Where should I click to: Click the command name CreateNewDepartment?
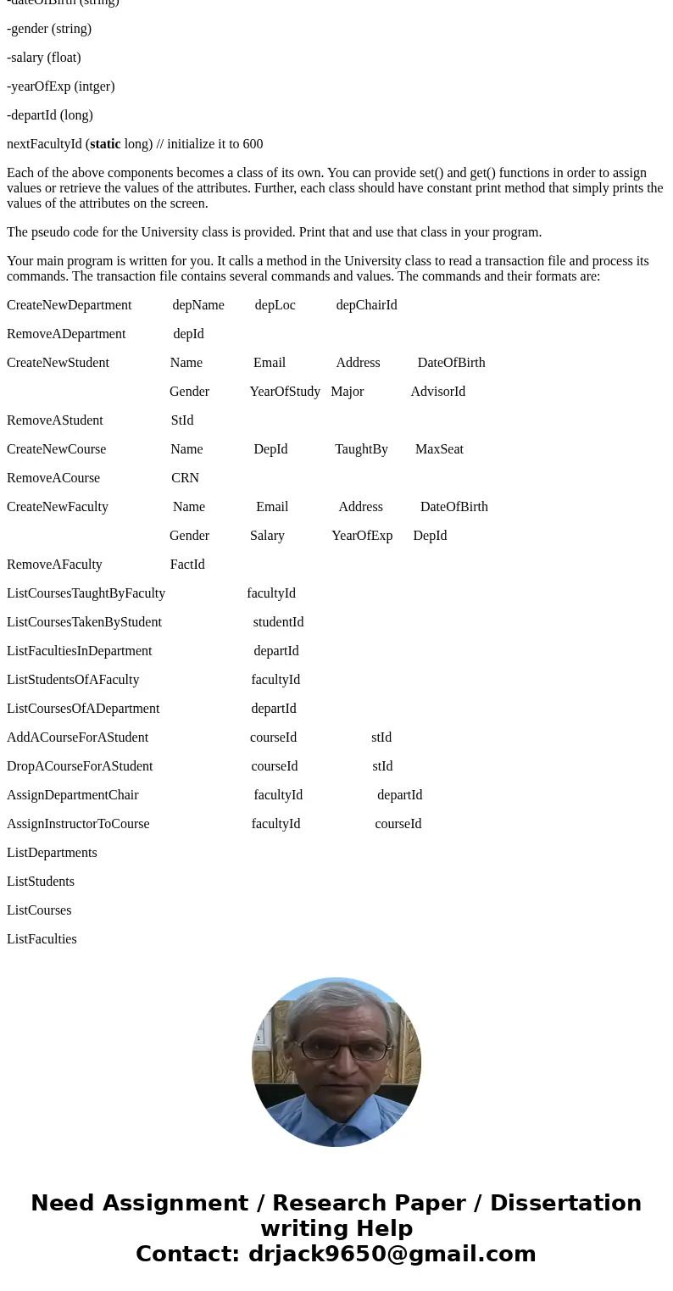click(69, 305)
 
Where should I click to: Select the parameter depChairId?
click(366, 305)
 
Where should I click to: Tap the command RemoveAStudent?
click(55, 420)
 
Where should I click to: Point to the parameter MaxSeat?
click(439, 449)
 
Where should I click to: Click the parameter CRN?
click(185, 478)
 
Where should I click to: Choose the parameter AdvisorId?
click(437, 392)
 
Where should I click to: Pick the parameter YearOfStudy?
click(285, 392)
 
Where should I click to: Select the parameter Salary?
click(267, 536)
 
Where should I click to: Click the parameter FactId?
click(187, 565)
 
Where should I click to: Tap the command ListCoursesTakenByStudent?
click(84, 622)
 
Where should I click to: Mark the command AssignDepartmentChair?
click(73, 795)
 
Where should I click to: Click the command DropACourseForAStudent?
click(80, 766)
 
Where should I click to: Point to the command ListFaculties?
click(42, 939)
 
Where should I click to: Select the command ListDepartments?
click(52, 853)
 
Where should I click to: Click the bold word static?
click(105, 144)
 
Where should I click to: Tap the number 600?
click(253, 144)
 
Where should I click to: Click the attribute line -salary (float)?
click(44, 58)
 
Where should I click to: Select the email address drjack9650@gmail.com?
click(392, 1254)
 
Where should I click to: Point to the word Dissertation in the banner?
click(565, 1203)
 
